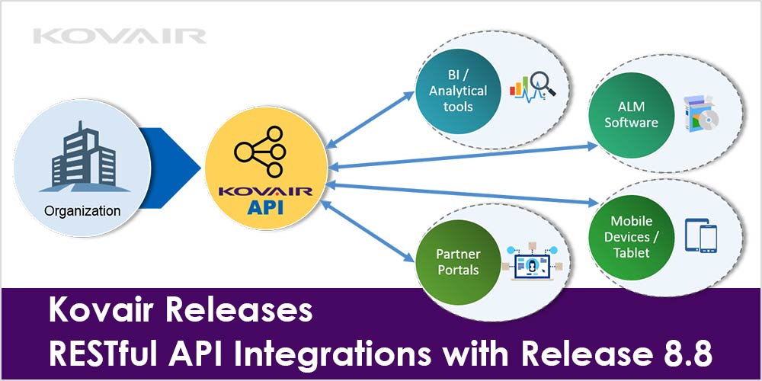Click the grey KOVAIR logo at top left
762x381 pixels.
pos(120,36)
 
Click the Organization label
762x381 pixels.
pos(82,210)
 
